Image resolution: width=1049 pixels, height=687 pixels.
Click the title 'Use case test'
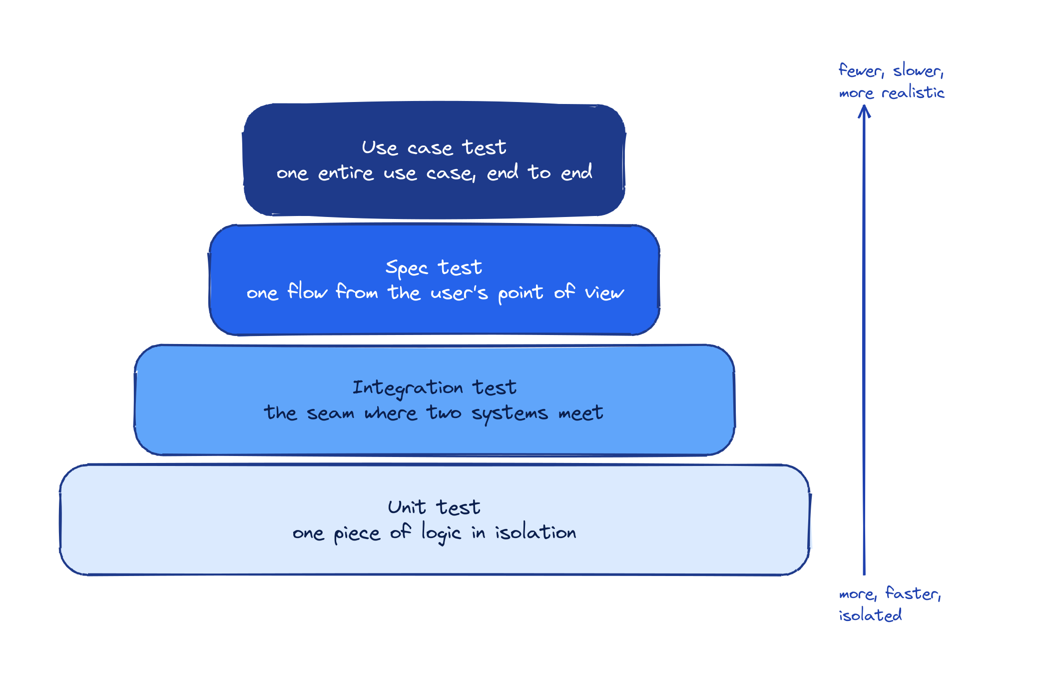click(x=434, y=148)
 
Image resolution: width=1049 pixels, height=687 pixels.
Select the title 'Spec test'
click(x=434, y=268)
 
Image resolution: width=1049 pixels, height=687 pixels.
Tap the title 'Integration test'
click(x=434, y=388)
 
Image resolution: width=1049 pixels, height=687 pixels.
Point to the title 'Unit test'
click(x=434, y=507)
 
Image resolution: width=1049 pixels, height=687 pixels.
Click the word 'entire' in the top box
click(x=346, y=173)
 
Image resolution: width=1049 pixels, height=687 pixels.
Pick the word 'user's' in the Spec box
click(x=459, y=292)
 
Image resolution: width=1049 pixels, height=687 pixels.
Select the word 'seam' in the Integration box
click(x=330, y=413)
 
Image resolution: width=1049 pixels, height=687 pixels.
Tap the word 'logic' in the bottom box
click(x=441, y=533)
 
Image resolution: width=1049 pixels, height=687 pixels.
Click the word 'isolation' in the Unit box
click(x=535, y=532)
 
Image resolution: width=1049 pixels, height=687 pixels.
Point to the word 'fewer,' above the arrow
click(x=861, y=70)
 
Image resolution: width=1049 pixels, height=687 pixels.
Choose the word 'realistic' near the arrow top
click(x=913, y=93)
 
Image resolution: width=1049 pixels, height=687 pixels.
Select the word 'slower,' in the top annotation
click(x=918, y=70)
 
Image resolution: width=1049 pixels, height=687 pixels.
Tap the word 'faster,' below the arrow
click(x=913, y=593)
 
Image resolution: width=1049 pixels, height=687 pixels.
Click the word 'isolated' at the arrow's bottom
click(x=870, y=615)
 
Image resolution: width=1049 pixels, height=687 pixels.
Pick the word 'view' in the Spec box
click(x=604, y=292)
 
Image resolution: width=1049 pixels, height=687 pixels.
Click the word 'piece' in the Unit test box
click(x=357, y=534)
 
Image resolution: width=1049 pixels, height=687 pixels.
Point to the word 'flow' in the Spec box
click(x=307, y=291)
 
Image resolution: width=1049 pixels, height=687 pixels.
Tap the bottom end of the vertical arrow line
click(x=864, y=573)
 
